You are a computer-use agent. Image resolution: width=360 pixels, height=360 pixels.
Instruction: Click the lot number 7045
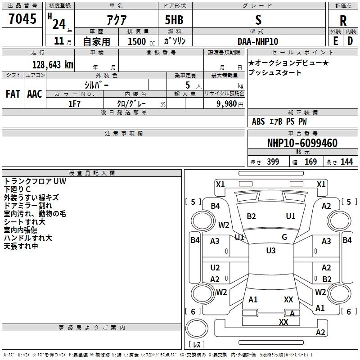click(x=22, y=19)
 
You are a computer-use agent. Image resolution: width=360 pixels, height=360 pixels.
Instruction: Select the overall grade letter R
click(x=343, y=21)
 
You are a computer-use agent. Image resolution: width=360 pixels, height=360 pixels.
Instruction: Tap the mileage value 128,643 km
click(x=53, y=65)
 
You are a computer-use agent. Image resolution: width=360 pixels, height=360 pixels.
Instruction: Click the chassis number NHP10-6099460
click(x=302, y=143)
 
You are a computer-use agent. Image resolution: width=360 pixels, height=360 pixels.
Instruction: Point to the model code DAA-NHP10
click(x=258, y=41)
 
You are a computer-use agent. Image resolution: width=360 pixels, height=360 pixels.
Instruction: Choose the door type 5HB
click(x=174, y=20)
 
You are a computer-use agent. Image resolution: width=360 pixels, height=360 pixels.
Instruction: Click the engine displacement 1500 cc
click(x=141, y=41)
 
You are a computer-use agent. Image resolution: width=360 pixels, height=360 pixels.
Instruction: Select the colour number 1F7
click(x=74, y=104)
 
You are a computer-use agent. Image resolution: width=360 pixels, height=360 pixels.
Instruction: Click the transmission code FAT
click(x=13, y=94)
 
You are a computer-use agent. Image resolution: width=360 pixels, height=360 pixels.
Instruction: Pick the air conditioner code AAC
click(x=35, y=94)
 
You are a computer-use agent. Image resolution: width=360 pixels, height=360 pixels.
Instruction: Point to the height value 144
click(x=346, y=162)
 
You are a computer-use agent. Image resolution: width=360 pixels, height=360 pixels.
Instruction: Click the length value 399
click(x=273, y=162)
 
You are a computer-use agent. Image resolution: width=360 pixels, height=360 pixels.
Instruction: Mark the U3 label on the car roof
click(x=271, y=250)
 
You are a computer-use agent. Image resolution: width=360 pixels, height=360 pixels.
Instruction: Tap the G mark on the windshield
click(x=284, y=237)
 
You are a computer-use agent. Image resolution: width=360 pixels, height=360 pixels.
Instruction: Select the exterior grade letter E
click(x=335, y=41)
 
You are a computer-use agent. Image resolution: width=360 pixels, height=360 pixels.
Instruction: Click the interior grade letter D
click(x=350, y=41)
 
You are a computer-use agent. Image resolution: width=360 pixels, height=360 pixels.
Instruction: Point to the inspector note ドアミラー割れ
click(x=28, y=206)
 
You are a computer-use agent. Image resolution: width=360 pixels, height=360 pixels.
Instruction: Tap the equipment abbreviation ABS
click(x=258, y=121)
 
